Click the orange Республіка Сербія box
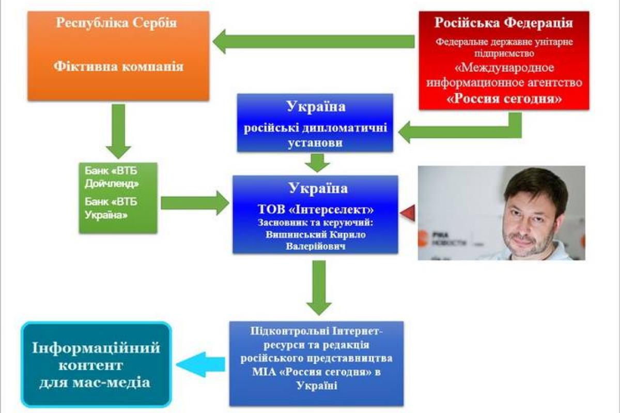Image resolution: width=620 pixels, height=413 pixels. [118, 56]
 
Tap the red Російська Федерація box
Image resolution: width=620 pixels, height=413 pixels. [504, 60]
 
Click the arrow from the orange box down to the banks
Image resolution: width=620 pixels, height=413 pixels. [118, 130]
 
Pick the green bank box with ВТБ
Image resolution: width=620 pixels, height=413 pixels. [118, 198]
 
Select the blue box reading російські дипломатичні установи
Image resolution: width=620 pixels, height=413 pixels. [315, 123]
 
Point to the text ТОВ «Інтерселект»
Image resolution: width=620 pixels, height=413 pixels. [315, 210]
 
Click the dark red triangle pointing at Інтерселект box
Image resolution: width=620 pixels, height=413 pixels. [408, 212]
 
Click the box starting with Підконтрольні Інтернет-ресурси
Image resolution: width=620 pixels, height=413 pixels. [317, 363]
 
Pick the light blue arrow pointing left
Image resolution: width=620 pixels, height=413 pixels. [202, 364]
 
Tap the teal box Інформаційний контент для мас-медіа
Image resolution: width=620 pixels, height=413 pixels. [97, 364]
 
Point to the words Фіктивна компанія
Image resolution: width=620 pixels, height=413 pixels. [118, 67]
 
